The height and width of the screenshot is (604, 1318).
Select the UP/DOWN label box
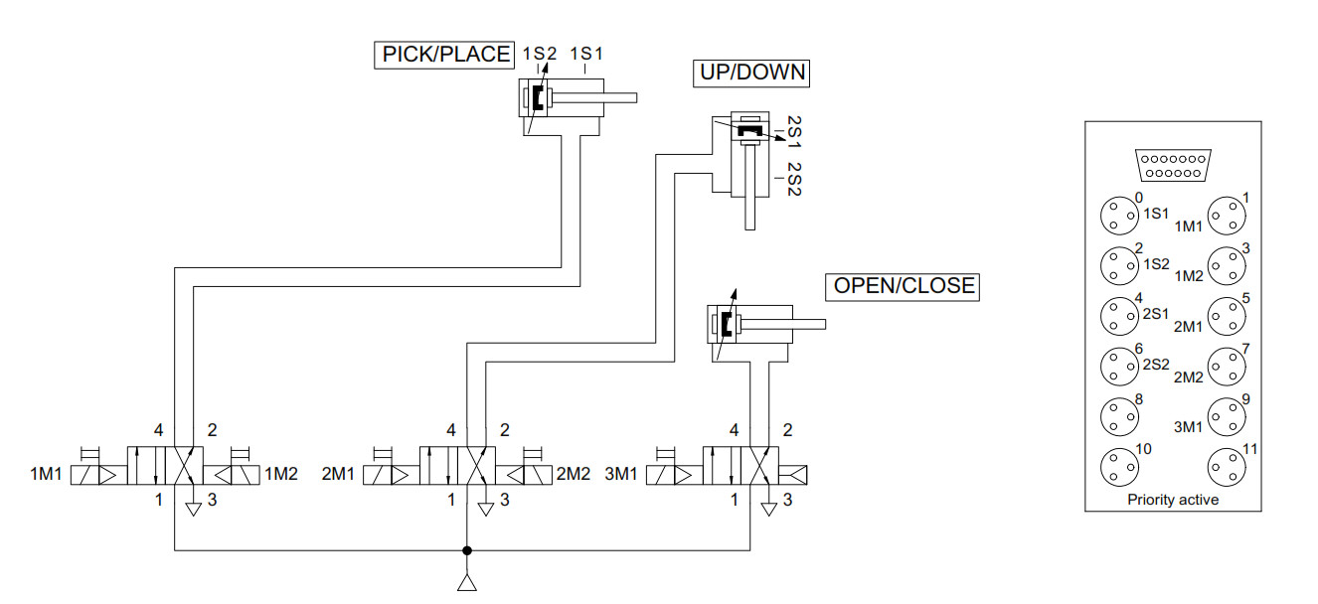750,74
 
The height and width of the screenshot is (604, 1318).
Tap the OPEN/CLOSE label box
903,287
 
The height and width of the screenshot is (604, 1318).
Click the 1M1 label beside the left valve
46,475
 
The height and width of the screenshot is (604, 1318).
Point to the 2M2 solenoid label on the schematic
574,475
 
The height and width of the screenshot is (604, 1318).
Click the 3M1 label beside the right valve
621,475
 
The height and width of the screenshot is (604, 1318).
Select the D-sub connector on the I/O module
1172,165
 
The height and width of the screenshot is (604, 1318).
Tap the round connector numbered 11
1227,465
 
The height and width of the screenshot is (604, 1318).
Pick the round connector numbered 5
1227,315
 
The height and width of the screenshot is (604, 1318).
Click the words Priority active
1173,500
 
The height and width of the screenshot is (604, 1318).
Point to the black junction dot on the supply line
465,549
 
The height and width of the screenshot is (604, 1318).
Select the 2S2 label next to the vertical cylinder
794,179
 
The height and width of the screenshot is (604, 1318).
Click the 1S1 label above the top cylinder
586,54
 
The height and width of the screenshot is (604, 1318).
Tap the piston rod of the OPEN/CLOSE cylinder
791,324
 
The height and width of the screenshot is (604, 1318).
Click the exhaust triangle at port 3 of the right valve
768,510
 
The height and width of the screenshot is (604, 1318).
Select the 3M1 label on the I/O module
1190,426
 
